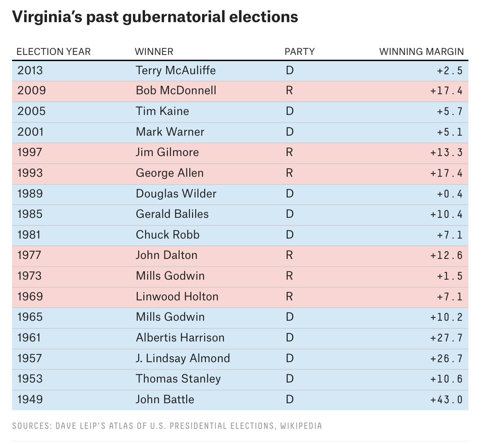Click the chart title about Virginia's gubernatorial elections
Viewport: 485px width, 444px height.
tap(155, 17)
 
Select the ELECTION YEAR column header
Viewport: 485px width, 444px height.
tap(53, 52)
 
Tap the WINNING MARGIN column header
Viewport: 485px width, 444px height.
tap(421, 52)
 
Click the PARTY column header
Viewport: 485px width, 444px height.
tap(299, 52)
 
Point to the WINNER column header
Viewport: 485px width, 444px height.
tap(154, 52)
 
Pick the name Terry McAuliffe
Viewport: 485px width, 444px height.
tap(176, 70)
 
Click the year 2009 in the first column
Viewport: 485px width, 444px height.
tap(32, 90)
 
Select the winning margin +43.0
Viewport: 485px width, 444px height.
tap(446, 400)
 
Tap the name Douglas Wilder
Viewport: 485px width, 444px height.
tap(176, 194)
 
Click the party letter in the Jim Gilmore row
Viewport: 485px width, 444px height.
tap(289, 152)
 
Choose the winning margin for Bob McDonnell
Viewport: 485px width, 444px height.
tap(446, 90)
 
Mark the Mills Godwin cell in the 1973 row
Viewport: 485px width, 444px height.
tap(170, 276)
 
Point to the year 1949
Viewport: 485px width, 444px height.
tap(30, 400)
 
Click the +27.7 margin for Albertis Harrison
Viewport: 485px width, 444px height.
tap(446, 338)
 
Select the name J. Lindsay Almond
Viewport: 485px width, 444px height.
tap(183, 358)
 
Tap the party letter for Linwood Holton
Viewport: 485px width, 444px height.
tap(289, 297)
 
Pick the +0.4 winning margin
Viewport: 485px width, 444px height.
tap(449, 194)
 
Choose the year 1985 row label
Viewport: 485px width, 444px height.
tap(30, 214)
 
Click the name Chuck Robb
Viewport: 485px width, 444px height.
tap(167, 235)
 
